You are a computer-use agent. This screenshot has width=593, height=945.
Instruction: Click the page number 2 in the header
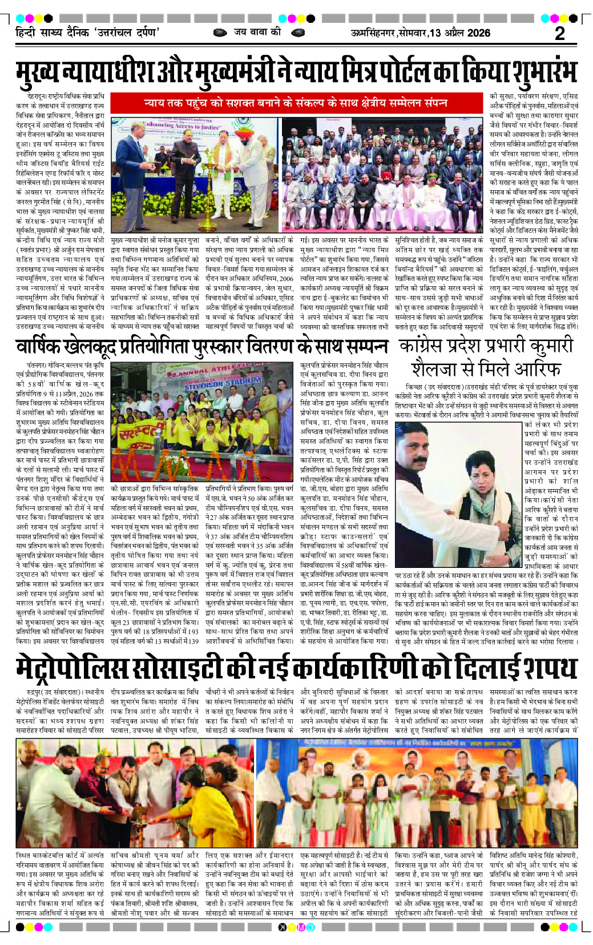tap(560, 33)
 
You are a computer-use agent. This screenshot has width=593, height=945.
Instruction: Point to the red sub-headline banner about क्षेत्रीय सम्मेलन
tap(295, 103)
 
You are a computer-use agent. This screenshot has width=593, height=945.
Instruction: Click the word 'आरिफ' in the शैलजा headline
tap(540, 368)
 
